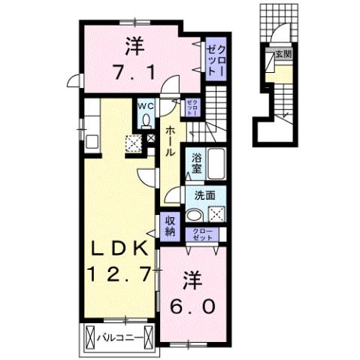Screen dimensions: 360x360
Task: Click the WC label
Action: (x=146, y=107)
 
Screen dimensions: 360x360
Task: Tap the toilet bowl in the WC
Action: (x=146, y=120)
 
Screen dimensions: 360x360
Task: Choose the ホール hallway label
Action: (x=171, y=139)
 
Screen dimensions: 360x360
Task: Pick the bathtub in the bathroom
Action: (x=218, y=163)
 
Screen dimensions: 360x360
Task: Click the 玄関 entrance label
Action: (x=283, y=53)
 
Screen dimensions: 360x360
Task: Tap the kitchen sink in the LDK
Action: (x=92, y=141)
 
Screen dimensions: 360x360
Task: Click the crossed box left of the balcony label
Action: (x=89, y=338)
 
